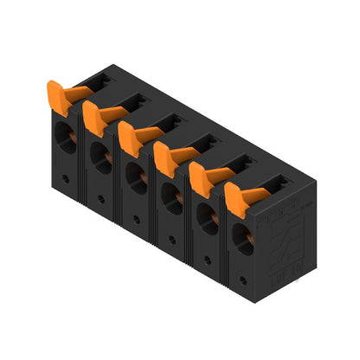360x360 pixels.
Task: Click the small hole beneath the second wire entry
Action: [101, 198]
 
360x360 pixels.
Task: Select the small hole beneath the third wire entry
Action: [137, 219]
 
